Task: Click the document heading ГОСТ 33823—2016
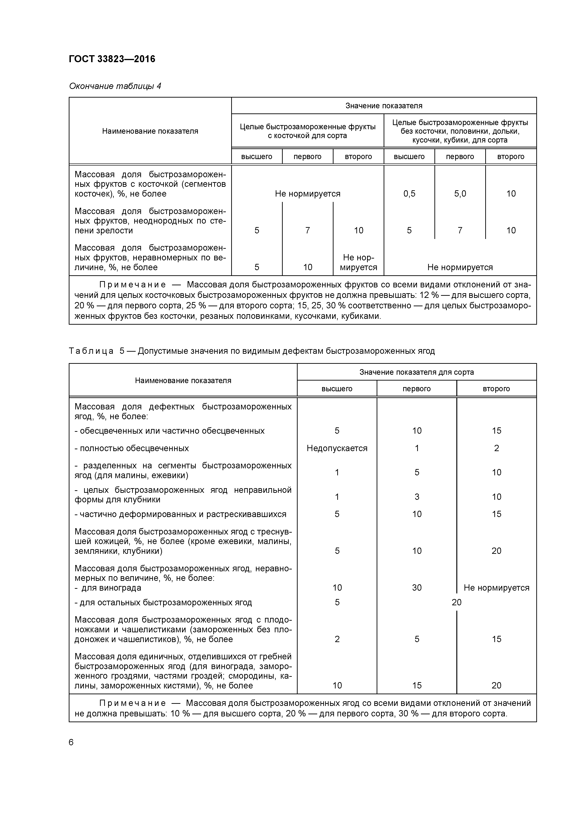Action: click(x=112, y=59)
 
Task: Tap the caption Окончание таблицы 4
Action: click(x=115, y=86)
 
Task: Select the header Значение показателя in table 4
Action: click(x=384, y=106)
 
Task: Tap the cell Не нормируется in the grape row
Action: click(x=496, y=588)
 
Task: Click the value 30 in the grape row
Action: click(x=417, y=588)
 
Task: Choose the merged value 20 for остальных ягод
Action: click(x=456, y=603)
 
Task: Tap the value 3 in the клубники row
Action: click(x=417, y=497)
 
